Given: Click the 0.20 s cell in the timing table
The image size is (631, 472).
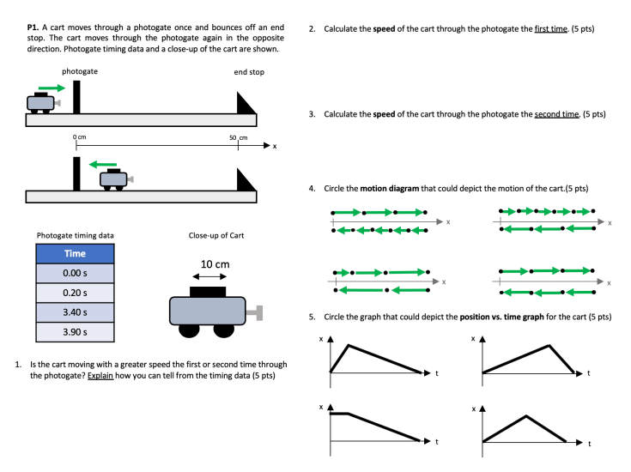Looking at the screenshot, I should tap(75, 292).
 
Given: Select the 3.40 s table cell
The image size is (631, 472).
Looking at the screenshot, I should tap(75, 312).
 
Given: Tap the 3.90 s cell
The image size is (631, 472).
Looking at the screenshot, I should tap(75, 331).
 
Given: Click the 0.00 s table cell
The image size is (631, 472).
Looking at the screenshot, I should tap(75, 273).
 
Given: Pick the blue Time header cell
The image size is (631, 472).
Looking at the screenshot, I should tap(75, 253).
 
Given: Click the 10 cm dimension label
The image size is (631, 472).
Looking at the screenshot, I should tap(215, 263).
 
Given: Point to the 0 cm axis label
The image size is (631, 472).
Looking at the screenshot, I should tap(79, 137).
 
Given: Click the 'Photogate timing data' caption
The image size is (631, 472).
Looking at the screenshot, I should tap(75, 235).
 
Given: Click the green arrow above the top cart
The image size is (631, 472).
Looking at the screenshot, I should tap(51, 88).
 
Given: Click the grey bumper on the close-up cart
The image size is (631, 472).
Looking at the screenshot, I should tap(256, 310).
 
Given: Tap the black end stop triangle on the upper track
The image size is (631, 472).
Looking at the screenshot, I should tap(246, 104).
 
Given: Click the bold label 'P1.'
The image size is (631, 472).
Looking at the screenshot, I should tap(35, 28).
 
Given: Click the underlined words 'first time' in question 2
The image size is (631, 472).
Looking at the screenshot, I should tap(550, 28).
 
